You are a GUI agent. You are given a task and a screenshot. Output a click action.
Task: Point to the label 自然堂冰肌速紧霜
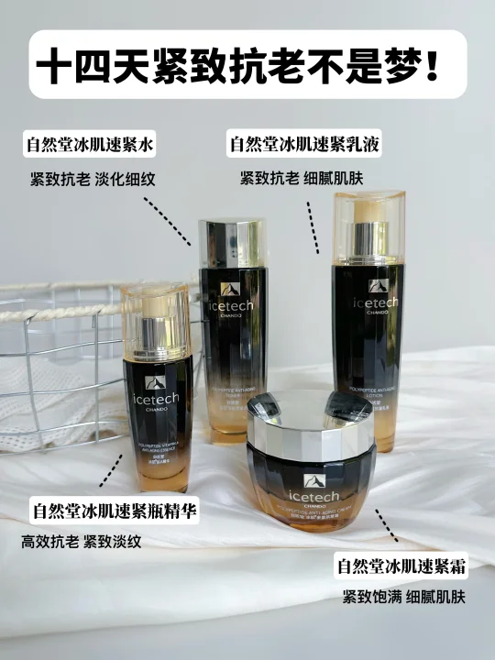tap(401, 566)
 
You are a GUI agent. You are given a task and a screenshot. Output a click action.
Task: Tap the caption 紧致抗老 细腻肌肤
tap(302, 178)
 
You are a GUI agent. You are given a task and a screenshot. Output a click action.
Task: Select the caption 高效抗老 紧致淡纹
tap(82, 541)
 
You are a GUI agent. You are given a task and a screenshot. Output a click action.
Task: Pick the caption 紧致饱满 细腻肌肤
tap(404, 598)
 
